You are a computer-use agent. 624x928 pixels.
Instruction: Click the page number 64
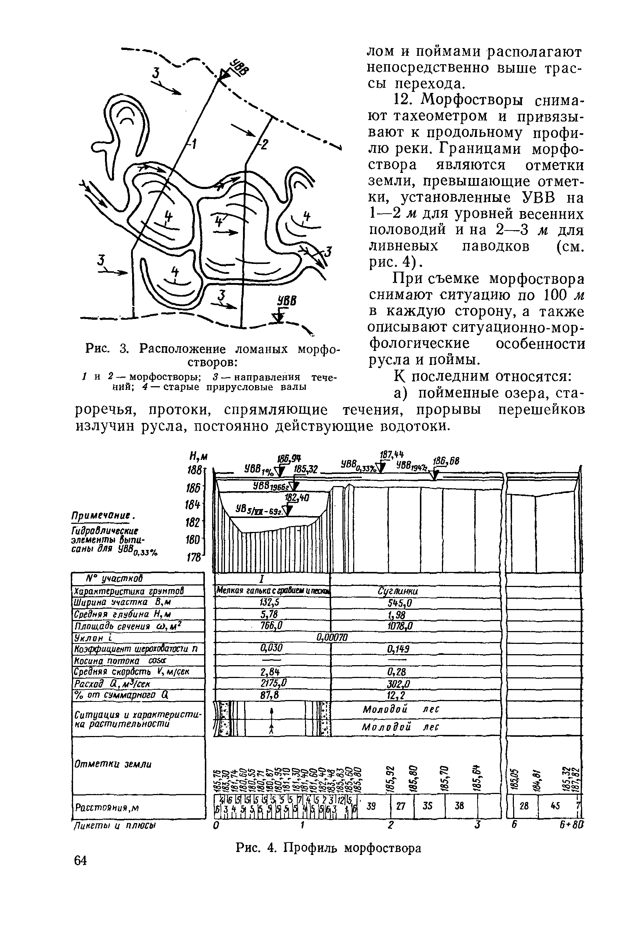80,860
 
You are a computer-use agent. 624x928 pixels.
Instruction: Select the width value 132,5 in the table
272,603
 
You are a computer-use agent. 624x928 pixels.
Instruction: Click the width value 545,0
400,603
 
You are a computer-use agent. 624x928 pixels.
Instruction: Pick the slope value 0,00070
332,638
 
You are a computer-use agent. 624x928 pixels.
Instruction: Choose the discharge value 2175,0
273,683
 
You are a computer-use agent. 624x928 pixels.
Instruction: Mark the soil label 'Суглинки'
398,591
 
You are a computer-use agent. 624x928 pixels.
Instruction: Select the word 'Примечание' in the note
104,515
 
